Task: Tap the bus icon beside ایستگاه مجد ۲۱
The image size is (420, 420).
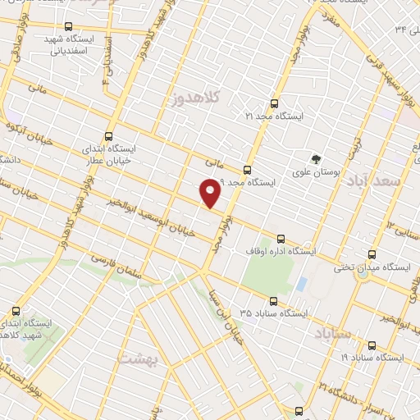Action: point(273,103)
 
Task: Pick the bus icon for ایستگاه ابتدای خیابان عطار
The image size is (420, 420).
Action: point(110,137)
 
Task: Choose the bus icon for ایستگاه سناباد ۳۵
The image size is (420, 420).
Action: point(273,300)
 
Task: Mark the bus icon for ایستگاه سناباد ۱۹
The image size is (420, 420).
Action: point(372,345)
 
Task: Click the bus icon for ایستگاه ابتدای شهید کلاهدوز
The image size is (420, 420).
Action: point(16,311)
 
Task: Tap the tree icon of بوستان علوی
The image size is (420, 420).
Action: point(314,158)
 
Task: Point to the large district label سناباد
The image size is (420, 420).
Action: point(331,332)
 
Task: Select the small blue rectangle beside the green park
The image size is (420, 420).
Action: point(301,284)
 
